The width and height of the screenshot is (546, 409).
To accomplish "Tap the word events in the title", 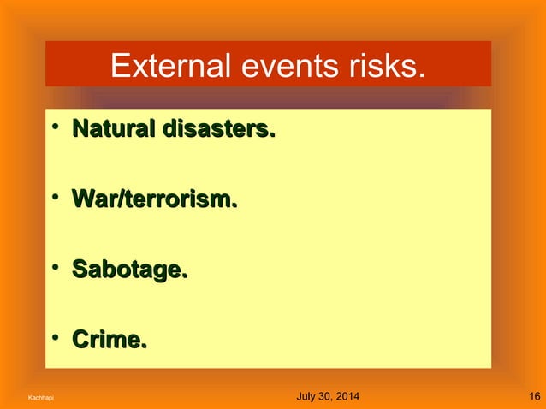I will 268,65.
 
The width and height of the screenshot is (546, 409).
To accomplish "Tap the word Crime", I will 110,341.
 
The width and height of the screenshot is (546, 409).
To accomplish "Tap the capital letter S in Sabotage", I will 80,271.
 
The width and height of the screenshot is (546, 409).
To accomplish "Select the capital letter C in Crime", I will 81,341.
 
